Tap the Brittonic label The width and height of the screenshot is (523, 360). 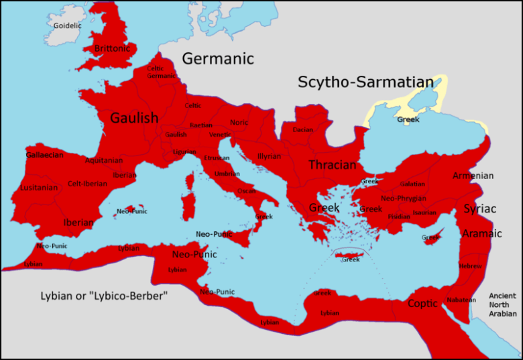113,48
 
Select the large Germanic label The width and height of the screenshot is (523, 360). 218,58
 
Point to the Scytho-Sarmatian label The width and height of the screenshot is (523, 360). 365,82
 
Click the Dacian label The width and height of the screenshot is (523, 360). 302,129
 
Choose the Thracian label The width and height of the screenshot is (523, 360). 332,165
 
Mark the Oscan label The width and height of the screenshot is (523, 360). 246,190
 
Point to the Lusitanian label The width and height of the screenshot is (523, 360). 39,188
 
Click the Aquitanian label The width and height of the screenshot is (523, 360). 104,160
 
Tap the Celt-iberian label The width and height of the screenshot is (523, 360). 86,184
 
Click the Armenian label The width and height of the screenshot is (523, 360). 473,176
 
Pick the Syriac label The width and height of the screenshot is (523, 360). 480,208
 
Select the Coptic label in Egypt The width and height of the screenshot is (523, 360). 423,303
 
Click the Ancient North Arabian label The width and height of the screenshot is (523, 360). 502,304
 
